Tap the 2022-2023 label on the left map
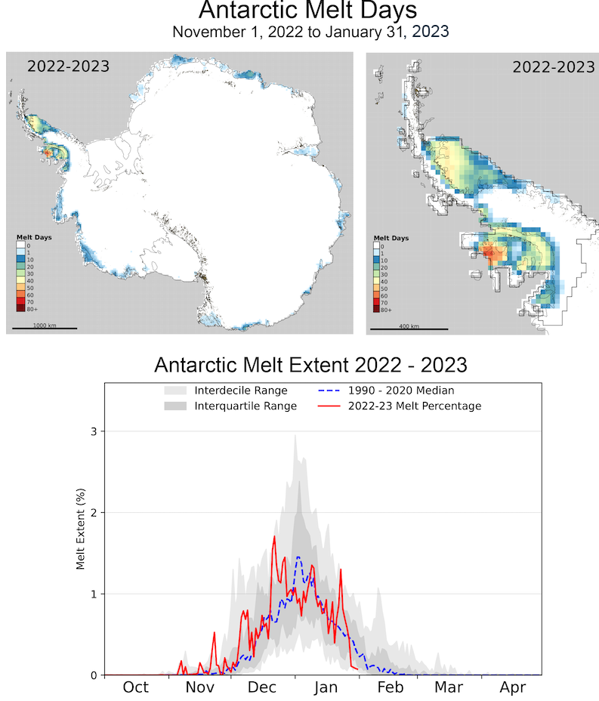68,66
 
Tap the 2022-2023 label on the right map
553,66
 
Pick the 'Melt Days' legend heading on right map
391,238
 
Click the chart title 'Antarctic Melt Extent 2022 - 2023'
310,365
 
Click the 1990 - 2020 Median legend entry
391,391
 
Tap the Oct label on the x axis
135,687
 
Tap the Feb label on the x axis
391,687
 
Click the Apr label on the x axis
514,687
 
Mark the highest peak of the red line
273,536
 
